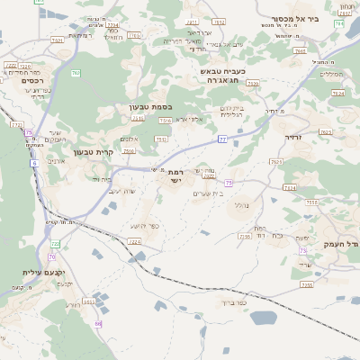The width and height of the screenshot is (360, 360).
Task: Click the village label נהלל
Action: pos(240,204)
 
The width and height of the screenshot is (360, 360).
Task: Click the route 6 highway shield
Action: pos(34,163)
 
